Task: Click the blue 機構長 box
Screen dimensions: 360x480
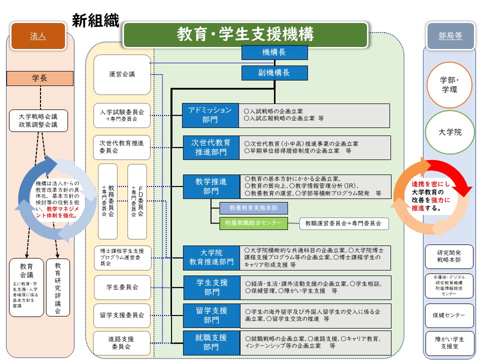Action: pos(274,52)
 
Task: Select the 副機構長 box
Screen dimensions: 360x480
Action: pos(274,72)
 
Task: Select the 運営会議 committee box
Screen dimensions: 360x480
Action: pos(122,74)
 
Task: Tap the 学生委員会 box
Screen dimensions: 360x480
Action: pos(122,287)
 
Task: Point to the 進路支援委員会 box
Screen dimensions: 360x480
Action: pos(122,342)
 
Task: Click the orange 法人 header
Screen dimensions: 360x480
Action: pos(37,36)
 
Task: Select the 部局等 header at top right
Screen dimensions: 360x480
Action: pos(450,36)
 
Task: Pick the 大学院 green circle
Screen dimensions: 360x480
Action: pos(450,132)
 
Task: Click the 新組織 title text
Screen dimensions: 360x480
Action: pos(95,20)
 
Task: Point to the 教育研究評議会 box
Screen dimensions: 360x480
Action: pos(58,287)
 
